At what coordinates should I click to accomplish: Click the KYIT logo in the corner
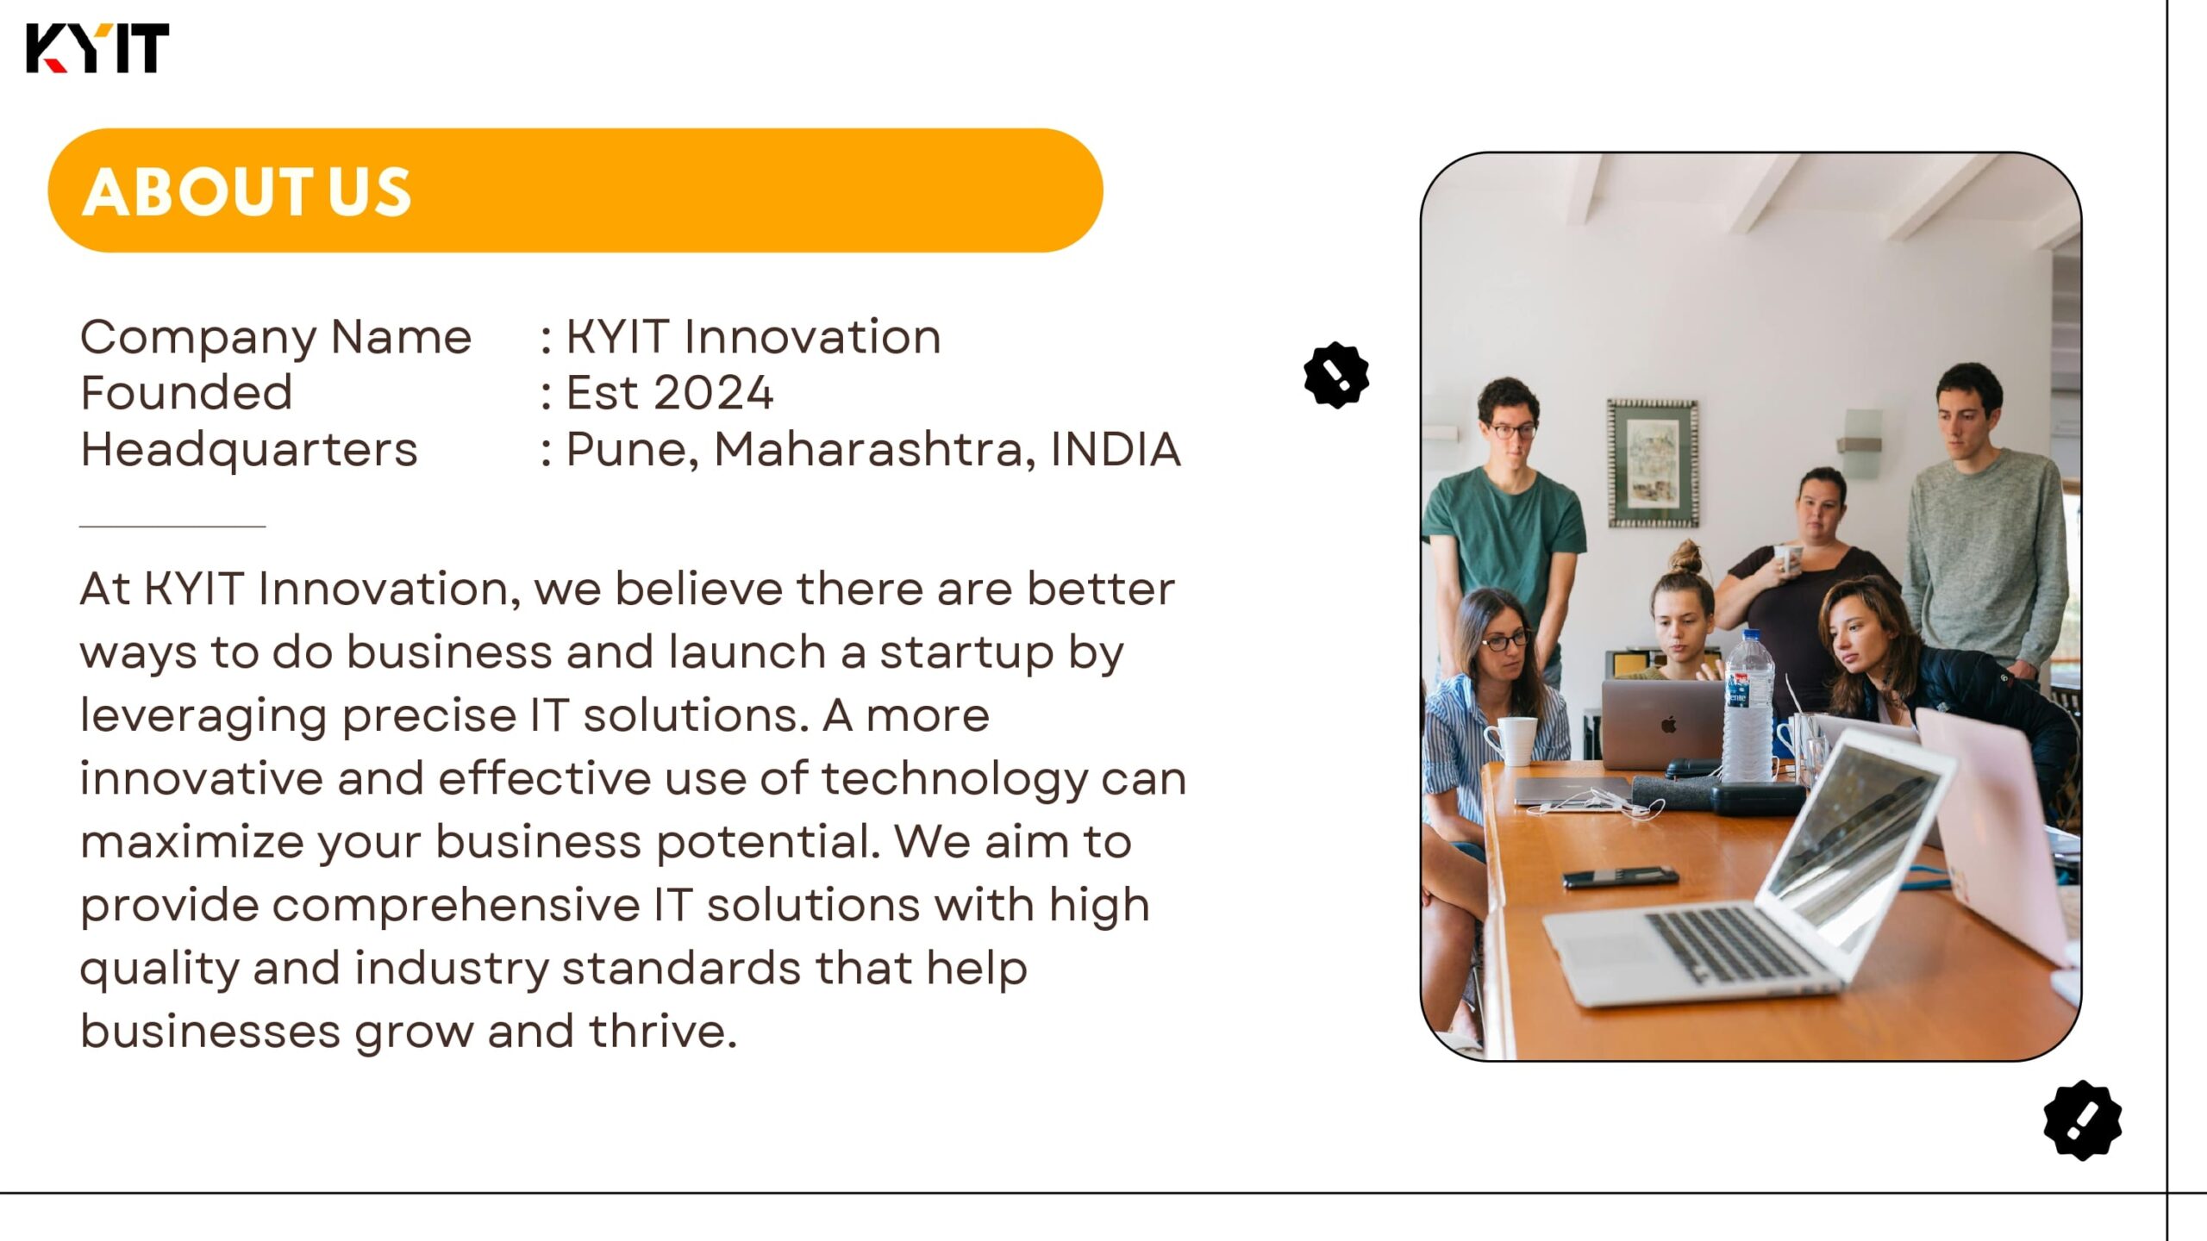pos(97,48)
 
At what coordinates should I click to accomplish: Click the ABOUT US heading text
pos(247,191)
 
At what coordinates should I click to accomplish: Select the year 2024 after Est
pos(713,393)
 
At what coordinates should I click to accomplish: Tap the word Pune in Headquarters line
pos(631,451)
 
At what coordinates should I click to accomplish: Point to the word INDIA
pos(1116,449)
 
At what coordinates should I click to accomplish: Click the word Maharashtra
pos(874,450)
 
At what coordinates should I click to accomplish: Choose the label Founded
pos(186,393)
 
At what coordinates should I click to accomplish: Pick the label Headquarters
pos(249,450)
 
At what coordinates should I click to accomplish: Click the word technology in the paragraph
pos(954,780)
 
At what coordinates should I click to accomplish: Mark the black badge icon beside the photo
pos(1336,375)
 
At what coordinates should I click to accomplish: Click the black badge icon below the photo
pos(2082,1119)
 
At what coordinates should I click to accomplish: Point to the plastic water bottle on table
pos(1747,707)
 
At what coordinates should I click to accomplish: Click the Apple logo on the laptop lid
pos(1669,723)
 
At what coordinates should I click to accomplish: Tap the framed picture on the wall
pos(1653,463)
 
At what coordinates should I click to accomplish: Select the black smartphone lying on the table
pos(1620,877)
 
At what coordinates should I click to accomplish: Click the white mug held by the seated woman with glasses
pos(1511,741)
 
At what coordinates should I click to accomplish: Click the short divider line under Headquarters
pos(172,526)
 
